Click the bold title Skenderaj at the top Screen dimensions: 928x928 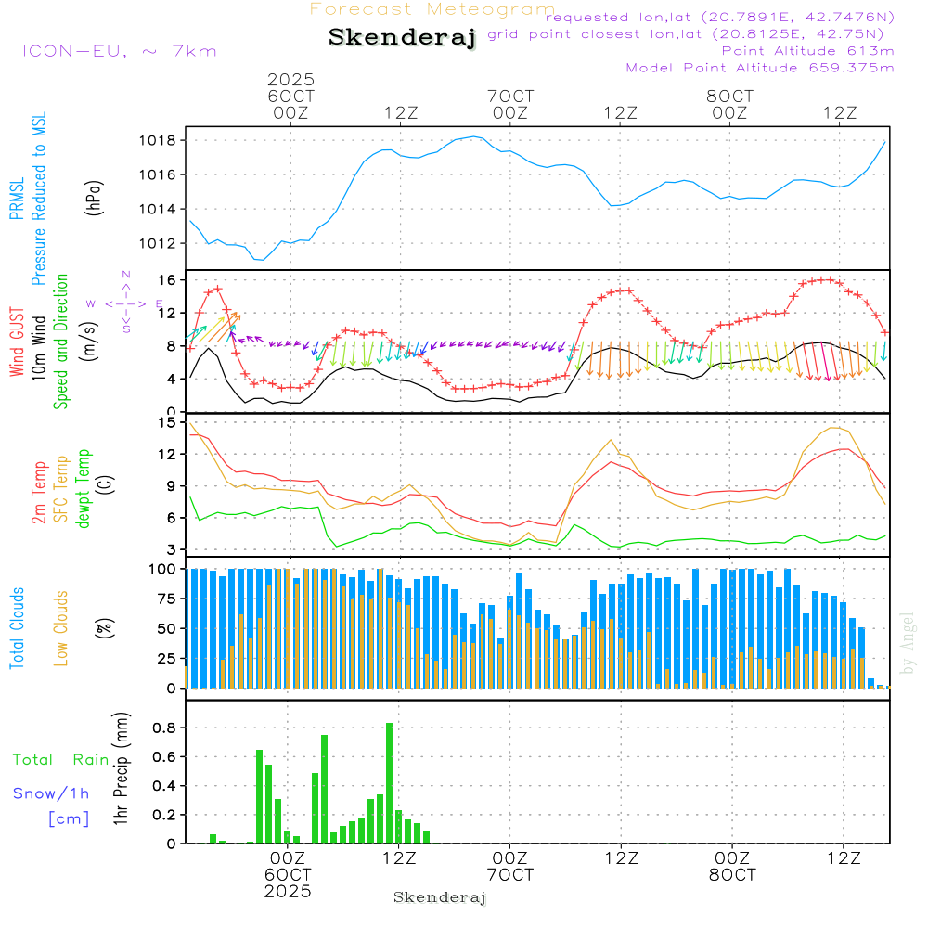click(402, 37)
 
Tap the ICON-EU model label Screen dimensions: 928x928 click(119, 50)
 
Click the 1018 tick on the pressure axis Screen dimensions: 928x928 click(161, 140)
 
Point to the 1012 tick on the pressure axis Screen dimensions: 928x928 click(161, 243)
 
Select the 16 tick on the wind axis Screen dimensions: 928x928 click(168, 279)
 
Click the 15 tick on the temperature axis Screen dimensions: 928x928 click(168, 423)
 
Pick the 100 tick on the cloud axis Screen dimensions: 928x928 click(164, 568)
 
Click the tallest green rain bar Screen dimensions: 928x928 click(390, 782)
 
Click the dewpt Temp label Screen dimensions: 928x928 click(84, 489)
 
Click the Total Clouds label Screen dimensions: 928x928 click(17, 627)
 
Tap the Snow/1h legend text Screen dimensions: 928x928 click(52, 793)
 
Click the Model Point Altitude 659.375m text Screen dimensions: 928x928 click(760, 67)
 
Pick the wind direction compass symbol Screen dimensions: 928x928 click(125, 303)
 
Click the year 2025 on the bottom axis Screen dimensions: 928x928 click(287, 891)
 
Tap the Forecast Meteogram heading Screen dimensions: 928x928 click(432, 9)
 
